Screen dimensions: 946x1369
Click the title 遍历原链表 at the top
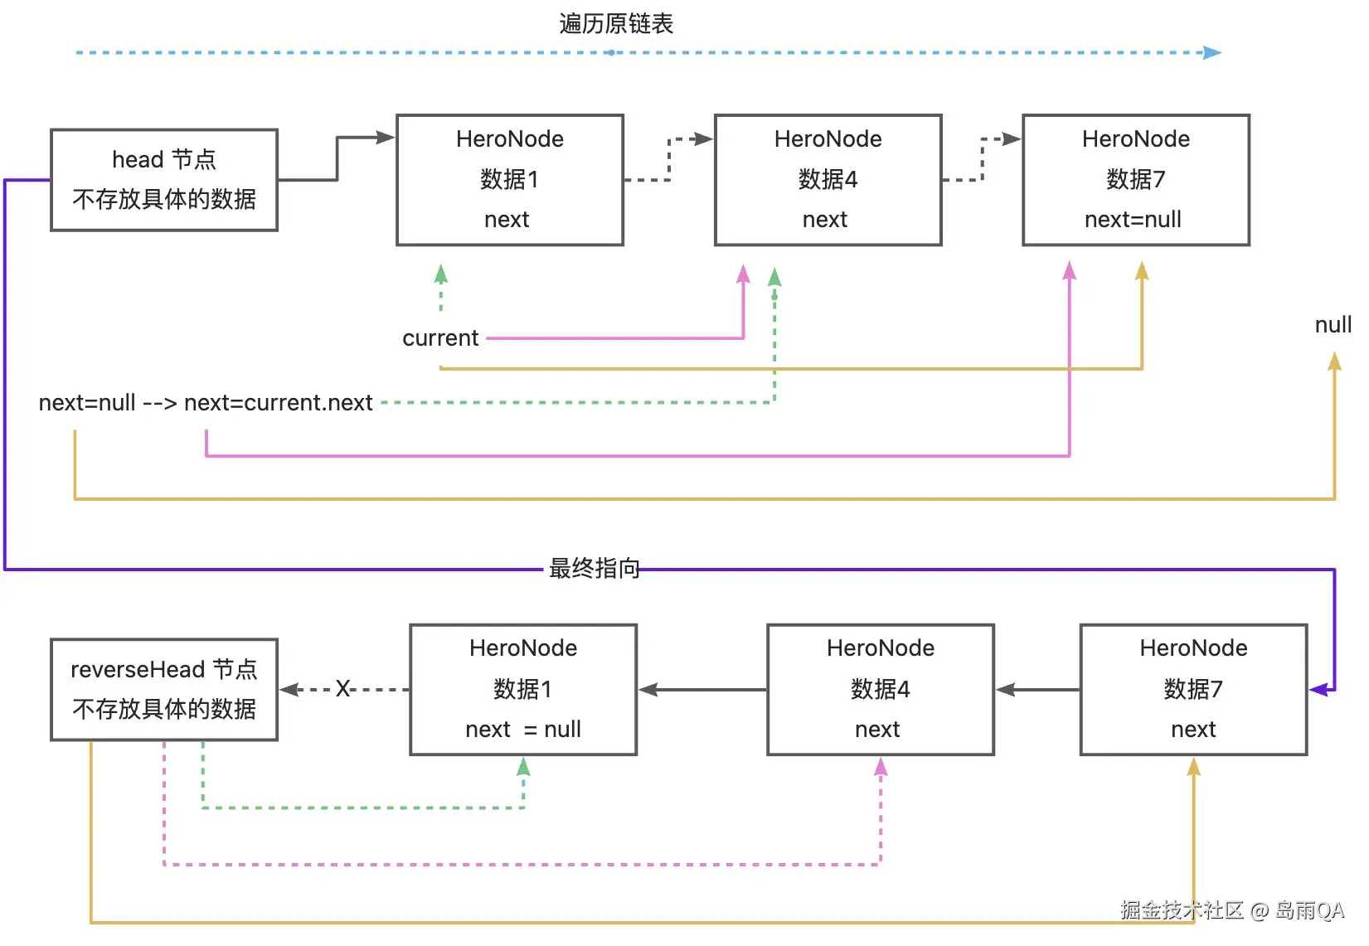point(615,23)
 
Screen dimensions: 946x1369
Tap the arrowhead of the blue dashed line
point(1212,52)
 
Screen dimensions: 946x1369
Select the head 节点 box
point(164,180)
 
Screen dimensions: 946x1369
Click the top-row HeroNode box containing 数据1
point(509,180)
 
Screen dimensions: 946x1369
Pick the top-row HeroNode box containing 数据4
point(828,180)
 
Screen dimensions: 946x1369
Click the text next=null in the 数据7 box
point(1133,220)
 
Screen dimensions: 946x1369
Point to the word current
point(440,338)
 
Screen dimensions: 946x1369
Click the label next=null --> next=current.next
point(206,403)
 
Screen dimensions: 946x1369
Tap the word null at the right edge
point(1333,325)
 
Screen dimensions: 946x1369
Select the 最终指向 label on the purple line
point(594,569)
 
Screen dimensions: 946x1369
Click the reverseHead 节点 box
point(164,689)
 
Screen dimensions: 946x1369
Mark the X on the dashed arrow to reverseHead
point(342,689)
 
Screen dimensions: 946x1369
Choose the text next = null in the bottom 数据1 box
point(523,730)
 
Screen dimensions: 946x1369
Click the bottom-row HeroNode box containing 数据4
point(880,689)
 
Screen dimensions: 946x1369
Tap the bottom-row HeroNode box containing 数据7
point(1193,689)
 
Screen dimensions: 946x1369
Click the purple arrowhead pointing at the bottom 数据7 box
point(1318,689)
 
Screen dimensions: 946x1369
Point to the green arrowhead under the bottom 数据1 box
point(523,767)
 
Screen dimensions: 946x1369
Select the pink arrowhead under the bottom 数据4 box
point(881,768)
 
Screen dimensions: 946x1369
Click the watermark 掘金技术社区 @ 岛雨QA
point(1231,910)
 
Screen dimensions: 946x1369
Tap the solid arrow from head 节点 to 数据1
point(337,158)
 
